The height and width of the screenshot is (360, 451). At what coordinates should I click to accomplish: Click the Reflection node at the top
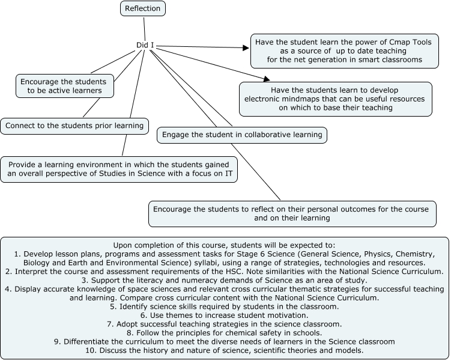[143, 8]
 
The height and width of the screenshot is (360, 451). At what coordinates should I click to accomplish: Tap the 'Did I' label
[145, 45]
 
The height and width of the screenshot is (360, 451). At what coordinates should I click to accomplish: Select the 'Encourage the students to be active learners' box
[65, 86]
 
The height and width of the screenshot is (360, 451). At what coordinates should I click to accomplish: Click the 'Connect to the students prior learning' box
[74, 126]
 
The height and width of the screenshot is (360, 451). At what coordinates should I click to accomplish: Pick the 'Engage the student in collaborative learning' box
[242, 135]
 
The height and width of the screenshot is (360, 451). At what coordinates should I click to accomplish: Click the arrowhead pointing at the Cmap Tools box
[246, 47]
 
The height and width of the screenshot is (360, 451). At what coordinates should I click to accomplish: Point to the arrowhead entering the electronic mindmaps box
[267, 79]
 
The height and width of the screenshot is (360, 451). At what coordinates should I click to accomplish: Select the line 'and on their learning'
[292, 218]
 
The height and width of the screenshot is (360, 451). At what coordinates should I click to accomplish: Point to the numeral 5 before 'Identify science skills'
[112, 307]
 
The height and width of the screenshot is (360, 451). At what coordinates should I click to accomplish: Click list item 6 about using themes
[225, 316]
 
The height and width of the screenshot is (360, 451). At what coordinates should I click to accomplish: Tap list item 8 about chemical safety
[225, 333]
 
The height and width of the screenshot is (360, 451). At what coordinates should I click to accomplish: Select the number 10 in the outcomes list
[89, 350]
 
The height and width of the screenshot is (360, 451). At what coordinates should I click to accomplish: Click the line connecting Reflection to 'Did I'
[144, 29]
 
